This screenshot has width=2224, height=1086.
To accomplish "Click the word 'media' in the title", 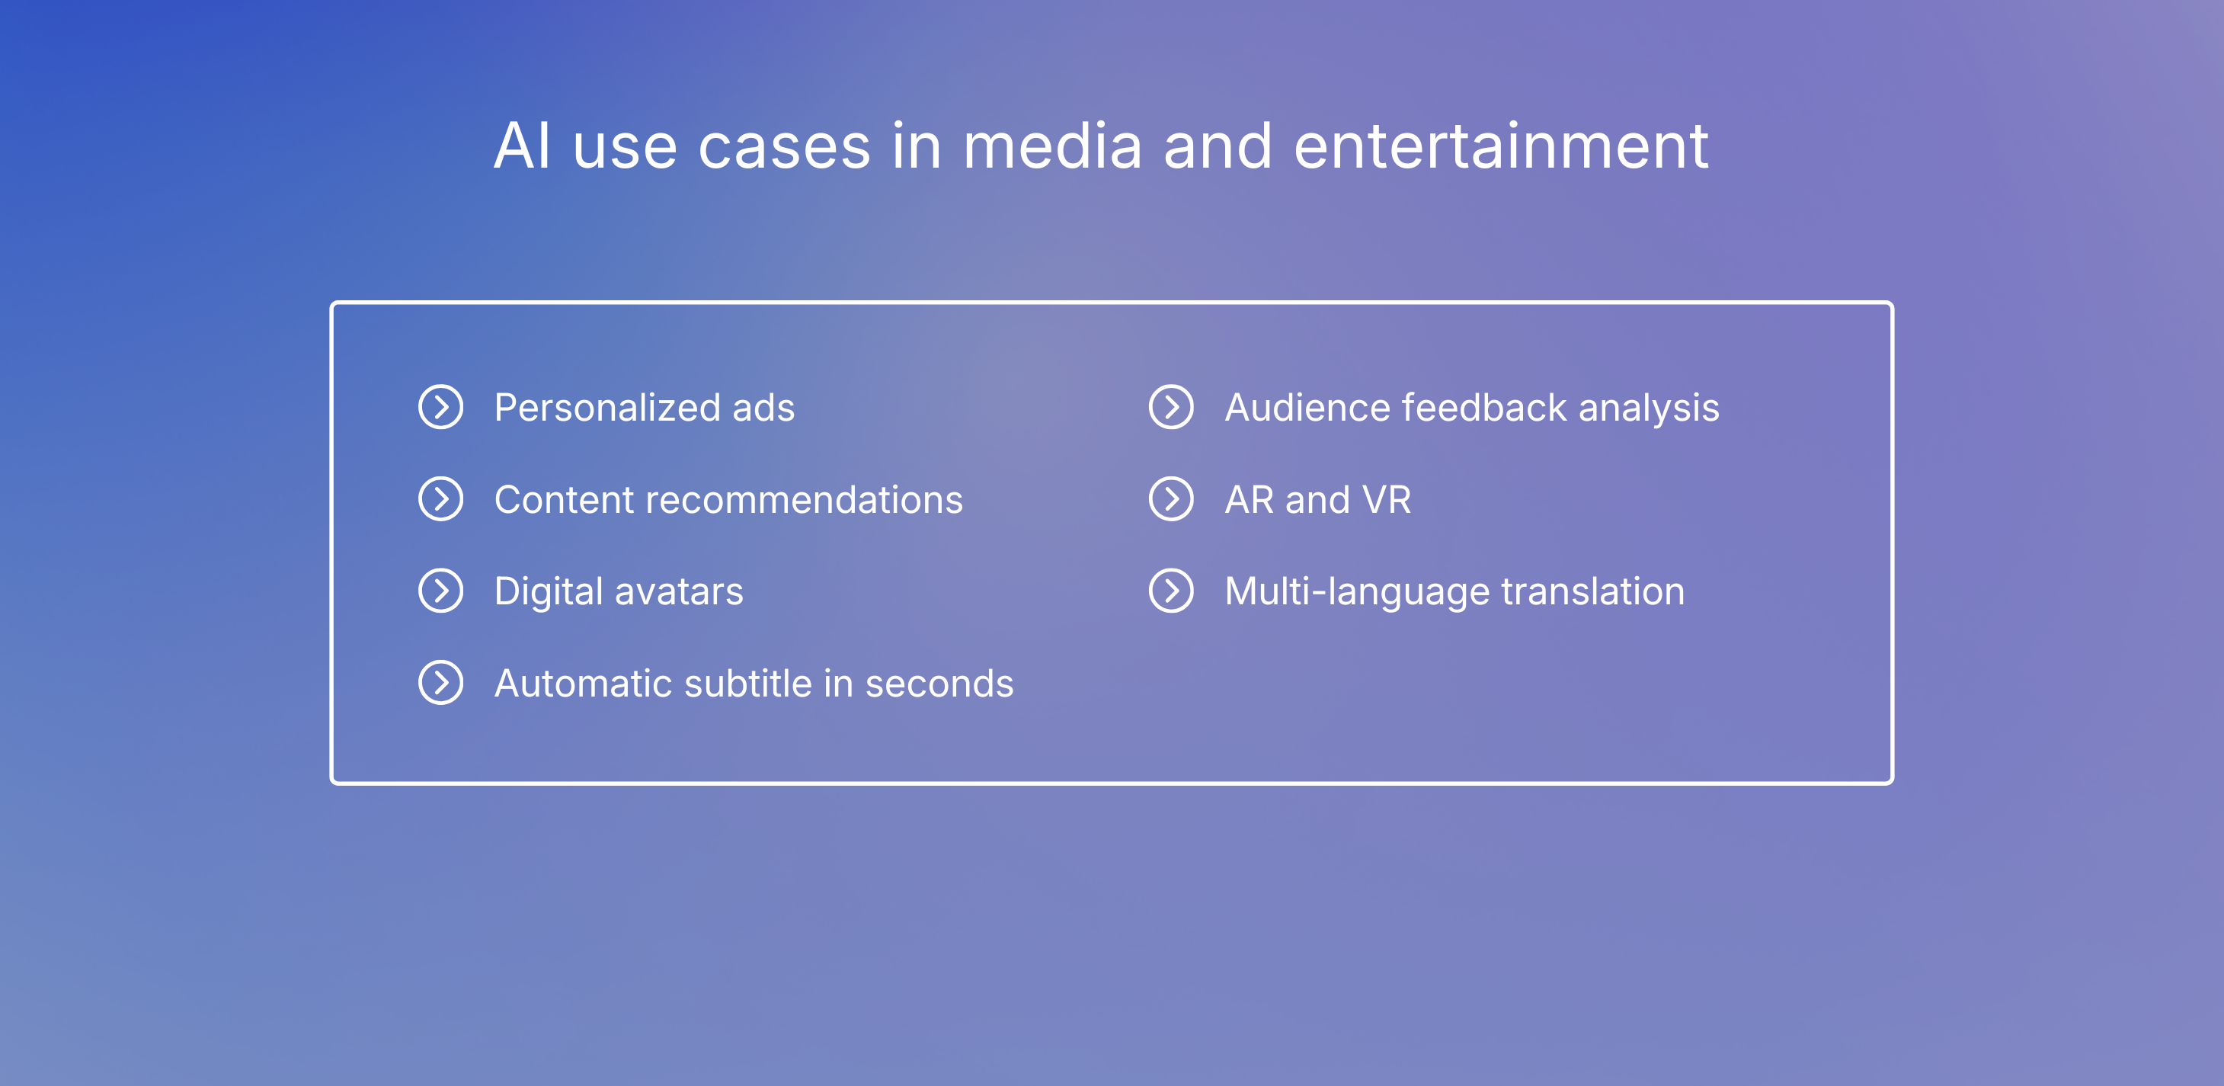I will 1051,147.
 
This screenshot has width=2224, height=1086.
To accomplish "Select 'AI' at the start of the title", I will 521,147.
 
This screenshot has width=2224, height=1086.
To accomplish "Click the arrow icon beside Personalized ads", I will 440,408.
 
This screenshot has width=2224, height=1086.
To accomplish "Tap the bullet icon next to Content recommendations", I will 440,499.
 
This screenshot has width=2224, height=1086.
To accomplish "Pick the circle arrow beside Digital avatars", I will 440,591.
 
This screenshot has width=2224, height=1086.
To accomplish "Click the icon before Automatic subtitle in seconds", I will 440,683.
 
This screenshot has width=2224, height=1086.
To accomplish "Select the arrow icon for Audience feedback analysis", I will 1171,408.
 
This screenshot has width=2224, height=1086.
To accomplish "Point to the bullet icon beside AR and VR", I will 1171,499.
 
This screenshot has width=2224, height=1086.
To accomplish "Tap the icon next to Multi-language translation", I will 1171,591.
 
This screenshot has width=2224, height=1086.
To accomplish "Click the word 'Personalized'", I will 607,408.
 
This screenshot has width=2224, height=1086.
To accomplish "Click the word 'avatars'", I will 679,592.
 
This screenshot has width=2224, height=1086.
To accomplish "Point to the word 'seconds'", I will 939,684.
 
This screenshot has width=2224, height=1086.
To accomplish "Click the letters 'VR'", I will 1386,501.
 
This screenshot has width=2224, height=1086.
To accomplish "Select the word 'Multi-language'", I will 1356,592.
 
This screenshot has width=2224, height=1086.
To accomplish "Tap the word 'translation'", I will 1593,592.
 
